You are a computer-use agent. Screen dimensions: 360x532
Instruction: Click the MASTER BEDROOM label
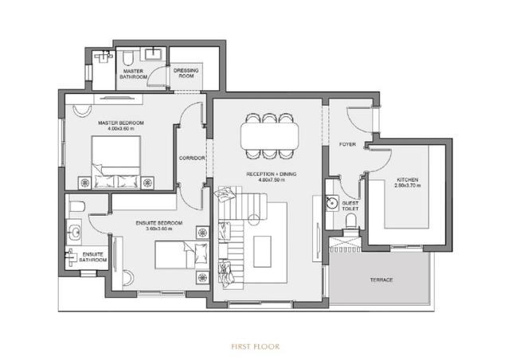pyautogui.click(x=120, y=123)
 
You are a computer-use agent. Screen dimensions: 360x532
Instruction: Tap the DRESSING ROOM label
pyautogui.click(x=188, y=72)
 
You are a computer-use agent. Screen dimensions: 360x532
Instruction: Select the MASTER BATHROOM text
pyautogui.click(x=133, y=73)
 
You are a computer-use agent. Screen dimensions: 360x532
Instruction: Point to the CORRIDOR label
pyautogui.click(x=192, y=158)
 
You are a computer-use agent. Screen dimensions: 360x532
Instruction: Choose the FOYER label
pyautogui.click(x=346, y=145)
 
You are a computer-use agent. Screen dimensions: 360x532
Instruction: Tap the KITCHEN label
pyautogui.click(x=407, y=180)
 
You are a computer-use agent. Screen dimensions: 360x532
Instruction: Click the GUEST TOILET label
pyautogui.click(x=350, y=205)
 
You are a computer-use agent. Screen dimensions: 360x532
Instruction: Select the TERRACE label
pyautogui.click(x=381, y=280)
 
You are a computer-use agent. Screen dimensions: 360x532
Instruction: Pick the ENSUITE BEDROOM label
pyautogui.click(x=159, y=222)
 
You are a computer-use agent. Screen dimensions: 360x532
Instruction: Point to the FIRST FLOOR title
pyautogui.click(x=255, y=346)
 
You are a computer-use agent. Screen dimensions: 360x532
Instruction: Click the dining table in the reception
pyautogui.click(x=270, y=136)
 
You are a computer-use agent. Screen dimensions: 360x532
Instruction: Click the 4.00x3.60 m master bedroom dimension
pyautogui.click(x=120, y=129)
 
